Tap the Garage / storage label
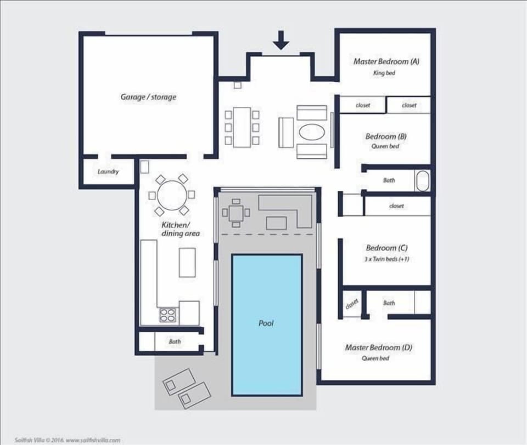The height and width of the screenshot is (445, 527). [x=148, y=97]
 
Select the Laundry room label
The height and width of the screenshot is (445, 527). [x=108, y=172]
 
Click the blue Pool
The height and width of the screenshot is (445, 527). [x=267, y=323]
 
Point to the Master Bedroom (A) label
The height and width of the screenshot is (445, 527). [x=386, y=61]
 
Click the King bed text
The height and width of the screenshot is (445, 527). [x=384, y=73]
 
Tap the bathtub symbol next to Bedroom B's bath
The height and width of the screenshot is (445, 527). [x=422, y=181]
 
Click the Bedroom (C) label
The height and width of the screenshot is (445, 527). [x=386, y=248]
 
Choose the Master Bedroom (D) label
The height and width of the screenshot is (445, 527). [x=378, y=347]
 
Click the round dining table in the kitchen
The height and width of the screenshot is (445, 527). [x=171, y=194]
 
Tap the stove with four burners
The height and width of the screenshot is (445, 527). [x=168, y=315]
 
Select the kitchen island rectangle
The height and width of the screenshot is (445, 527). [x=187, y=262]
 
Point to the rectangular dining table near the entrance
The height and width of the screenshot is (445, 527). [x=242, y=127]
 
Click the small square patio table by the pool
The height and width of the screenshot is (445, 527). [x=236, y=212]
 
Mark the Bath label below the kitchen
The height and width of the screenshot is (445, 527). [x=175, y=341]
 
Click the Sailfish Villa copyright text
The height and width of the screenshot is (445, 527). [x=68, y=440]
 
